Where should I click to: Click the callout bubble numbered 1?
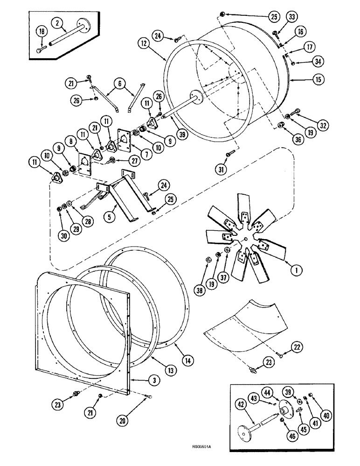pyautogui.click(x=294, y=268)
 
